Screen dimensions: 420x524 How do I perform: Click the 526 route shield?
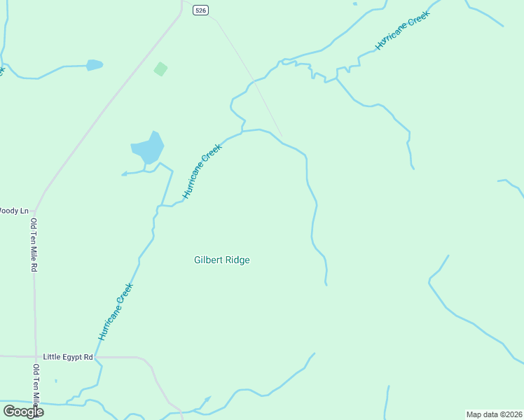click(201, 10)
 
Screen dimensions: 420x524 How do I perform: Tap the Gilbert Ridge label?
click(221, 260)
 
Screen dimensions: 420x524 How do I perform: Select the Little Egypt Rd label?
click(68, 357)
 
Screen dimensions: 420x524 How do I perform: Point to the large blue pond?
click(148, 148)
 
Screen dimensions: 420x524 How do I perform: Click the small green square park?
click(160, 69)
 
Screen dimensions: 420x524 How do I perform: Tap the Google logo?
click(23, 411)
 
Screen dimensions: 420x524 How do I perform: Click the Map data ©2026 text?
click(494, 414)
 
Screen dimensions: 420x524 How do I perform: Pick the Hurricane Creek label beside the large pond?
click(202, 171)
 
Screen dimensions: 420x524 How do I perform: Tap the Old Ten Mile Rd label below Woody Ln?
click(33, 245)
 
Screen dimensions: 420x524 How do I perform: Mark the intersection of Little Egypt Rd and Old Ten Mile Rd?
click(34, 357)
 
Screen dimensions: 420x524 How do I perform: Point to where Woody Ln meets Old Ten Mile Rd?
click(34, 210)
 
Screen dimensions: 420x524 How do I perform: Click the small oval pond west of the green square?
click(94, 65)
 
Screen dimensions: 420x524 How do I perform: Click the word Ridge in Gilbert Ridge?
click(237, 260)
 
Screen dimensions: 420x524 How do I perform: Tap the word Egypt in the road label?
click(72, 357)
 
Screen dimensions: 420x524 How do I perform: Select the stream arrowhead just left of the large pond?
click(123, 174)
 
